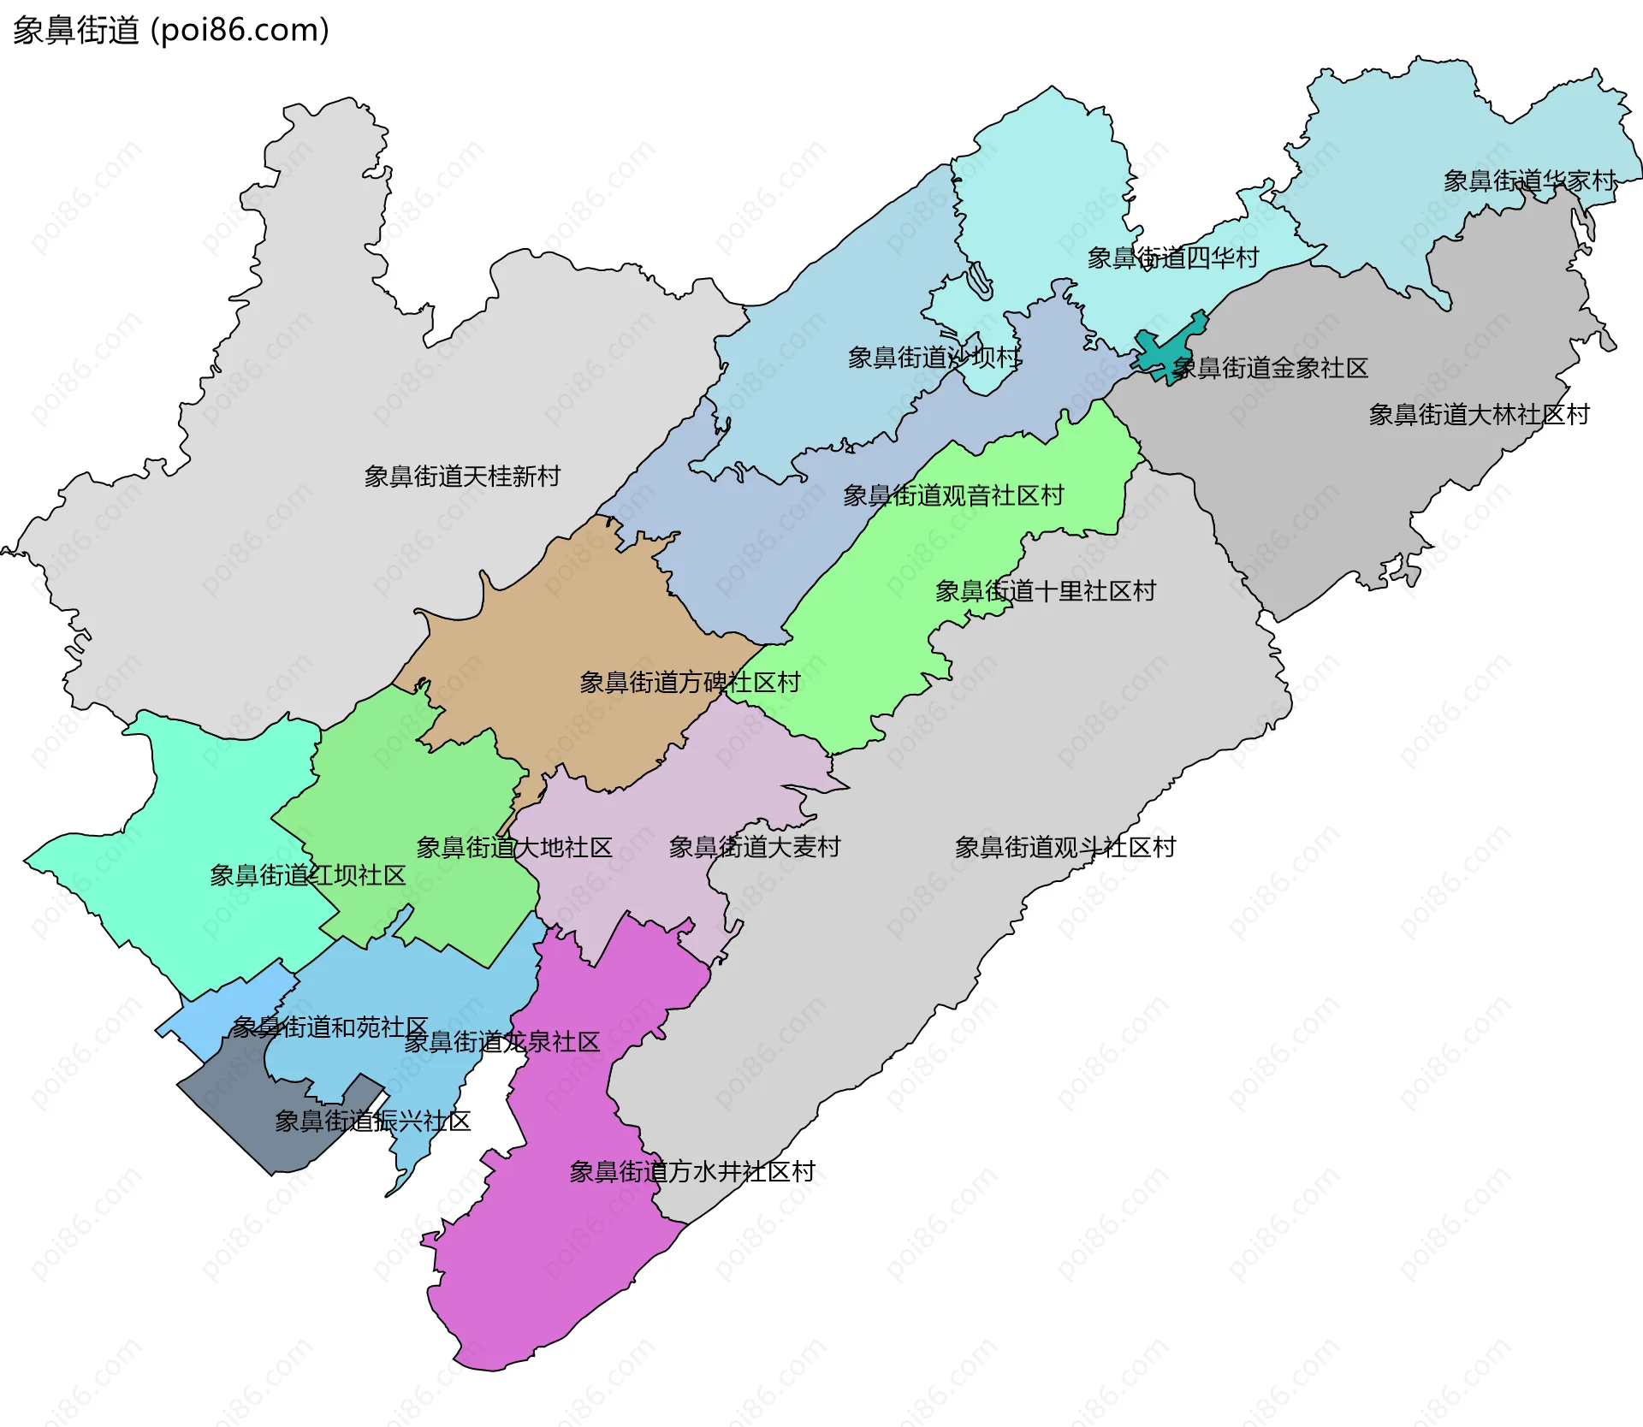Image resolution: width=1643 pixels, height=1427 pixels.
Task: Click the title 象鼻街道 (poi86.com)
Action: point(170,31)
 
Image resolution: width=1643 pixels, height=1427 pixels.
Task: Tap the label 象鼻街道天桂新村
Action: point(462,477)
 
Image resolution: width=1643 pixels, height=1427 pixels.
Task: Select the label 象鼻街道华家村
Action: point(1529,181)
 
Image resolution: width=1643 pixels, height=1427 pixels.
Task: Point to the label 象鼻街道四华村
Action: point(1172,258)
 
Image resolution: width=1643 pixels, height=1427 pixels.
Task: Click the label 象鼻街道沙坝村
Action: point(934,358)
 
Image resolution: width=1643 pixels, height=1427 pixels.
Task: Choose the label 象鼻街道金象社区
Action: point(1270,368)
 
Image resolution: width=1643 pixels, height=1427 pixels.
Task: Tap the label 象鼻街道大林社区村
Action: point(1479,415)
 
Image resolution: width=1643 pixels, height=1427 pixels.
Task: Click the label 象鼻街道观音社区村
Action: point(953,495)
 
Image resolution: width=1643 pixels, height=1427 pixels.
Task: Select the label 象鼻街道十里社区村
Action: point(1045,591)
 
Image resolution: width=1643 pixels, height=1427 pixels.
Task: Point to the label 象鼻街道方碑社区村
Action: point(690,683)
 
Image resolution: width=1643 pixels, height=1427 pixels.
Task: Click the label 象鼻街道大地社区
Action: point(514,848)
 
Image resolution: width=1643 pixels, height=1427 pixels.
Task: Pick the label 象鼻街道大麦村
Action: point(755,847)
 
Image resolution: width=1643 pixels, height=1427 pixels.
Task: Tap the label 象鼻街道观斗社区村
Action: point(1065,848)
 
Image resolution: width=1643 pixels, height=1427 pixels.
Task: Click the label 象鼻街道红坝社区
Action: point(307,875)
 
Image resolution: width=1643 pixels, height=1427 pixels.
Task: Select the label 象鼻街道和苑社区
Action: point(329,1027)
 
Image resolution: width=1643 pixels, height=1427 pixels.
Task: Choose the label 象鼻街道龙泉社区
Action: point(501,1042)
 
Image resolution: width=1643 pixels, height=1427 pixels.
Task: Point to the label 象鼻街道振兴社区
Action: point(372,1122)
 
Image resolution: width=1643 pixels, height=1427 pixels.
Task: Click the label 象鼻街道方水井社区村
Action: point(692,1172)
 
